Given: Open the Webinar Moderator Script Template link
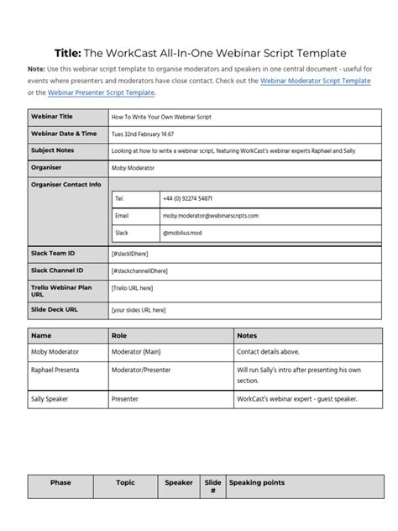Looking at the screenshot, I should coord(315,81).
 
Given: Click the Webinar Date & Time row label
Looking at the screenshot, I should coord(64,134).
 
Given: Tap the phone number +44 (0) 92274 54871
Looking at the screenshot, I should coord(187,198).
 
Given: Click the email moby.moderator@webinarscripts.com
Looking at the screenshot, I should coord(211,215).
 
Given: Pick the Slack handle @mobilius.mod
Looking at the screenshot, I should coord(184,232).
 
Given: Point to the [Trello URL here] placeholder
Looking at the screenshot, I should coord(132,288).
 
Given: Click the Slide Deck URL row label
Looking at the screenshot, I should coord(56,309).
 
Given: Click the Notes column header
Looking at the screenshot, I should coord(247,335).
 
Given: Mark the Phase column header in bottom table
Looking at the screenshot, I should coord(60,483).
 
